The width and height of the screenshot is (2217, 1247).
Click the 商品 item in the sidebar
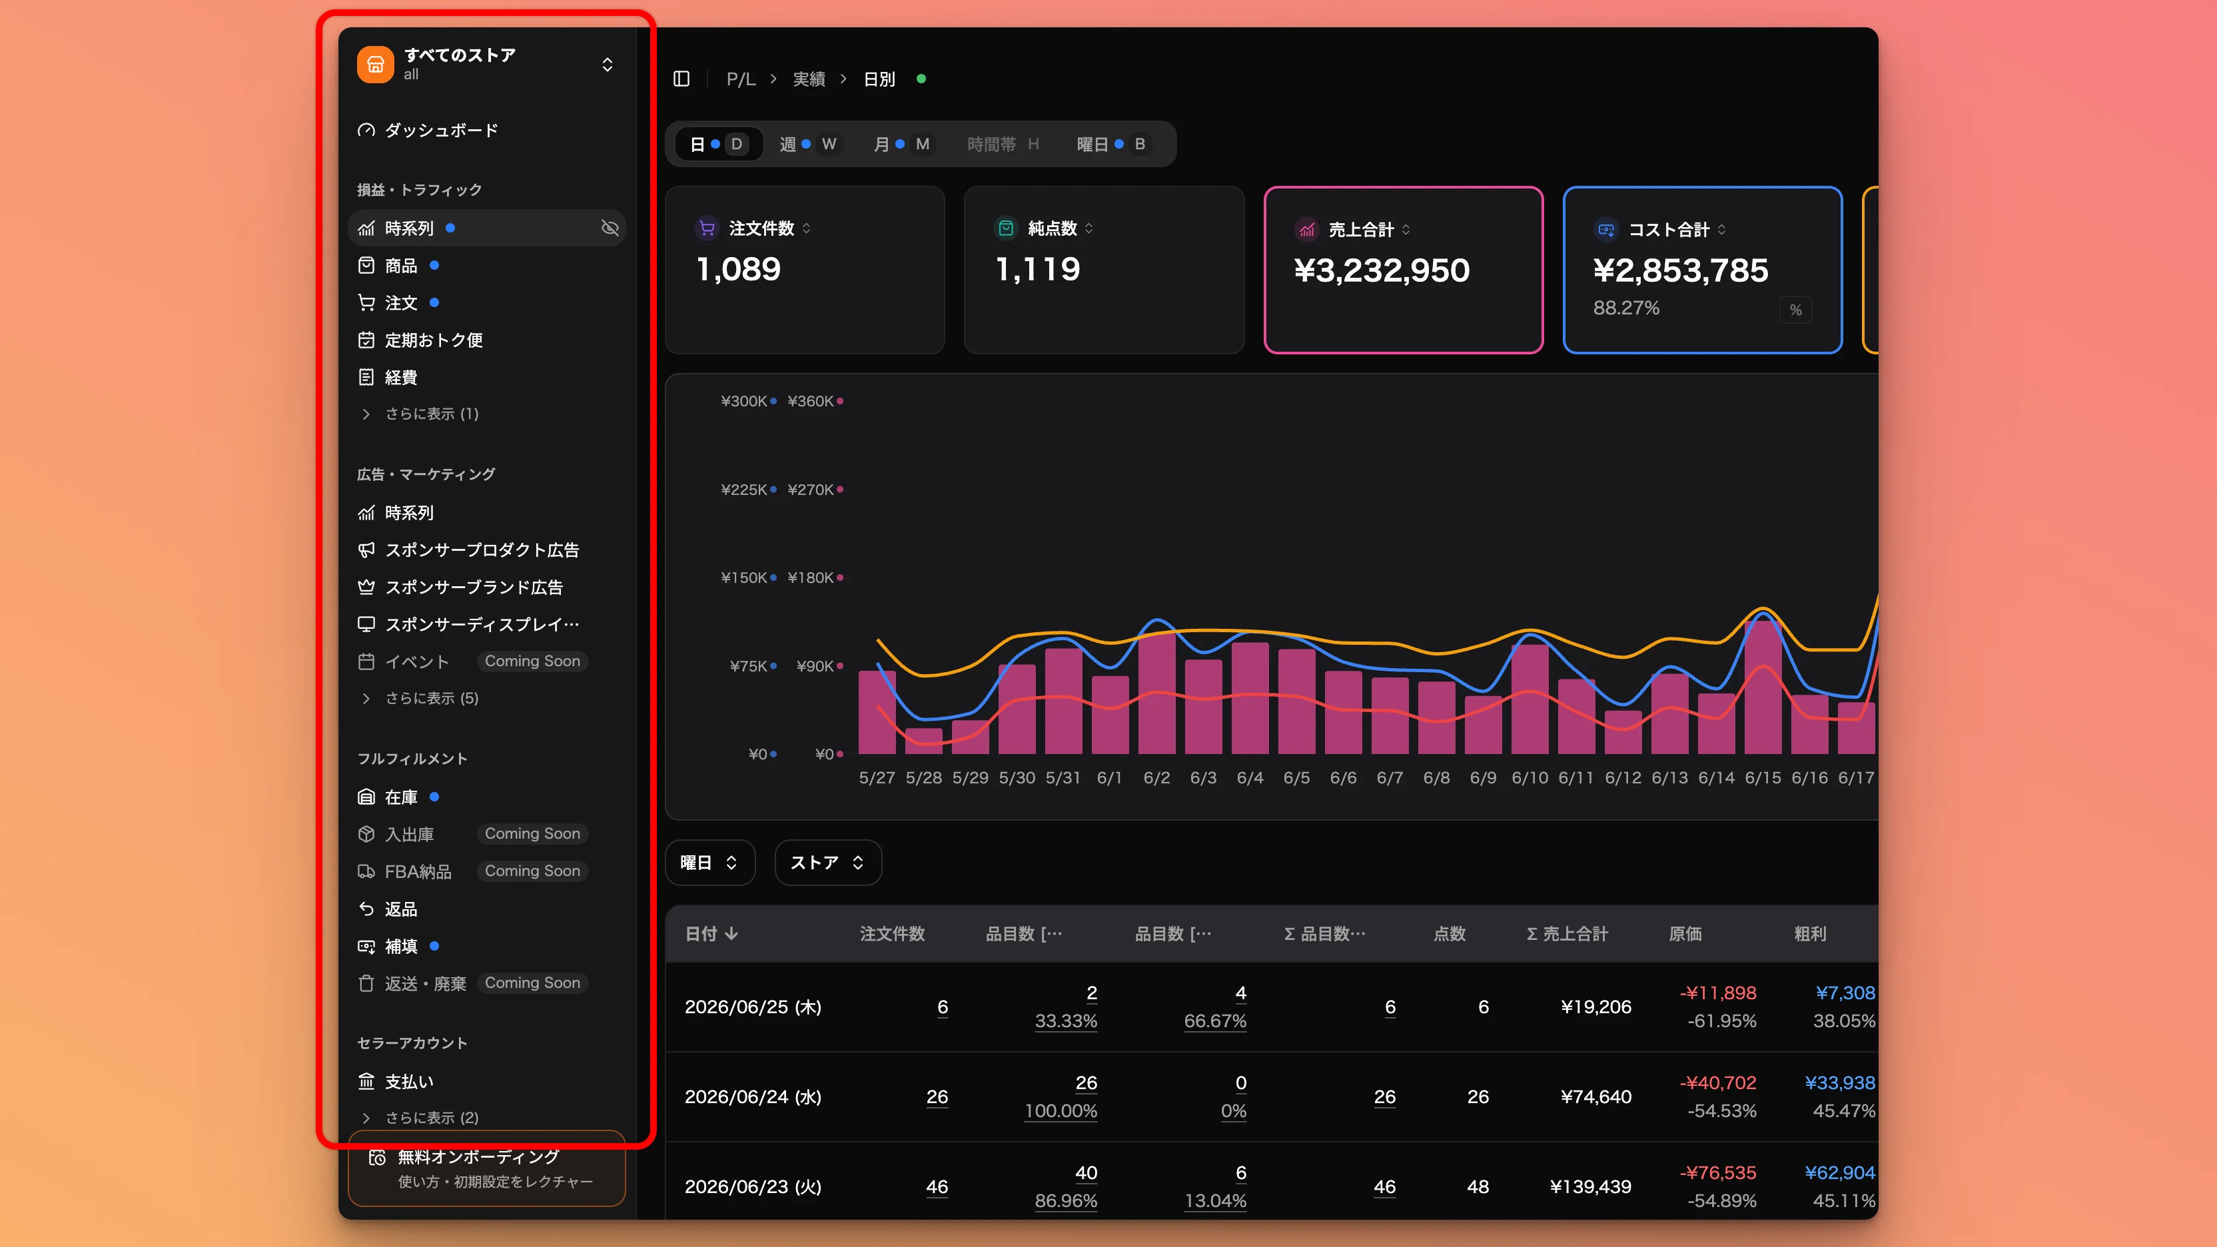400,265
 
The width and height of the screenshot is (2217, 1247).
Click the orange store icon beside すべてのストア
375,65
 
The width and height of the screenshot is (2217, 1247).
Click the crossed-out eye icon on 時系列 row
610,228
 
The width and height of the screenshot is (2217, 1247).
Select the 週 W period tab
807,144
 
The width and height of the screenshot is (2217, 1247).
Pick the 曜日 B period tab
1111,144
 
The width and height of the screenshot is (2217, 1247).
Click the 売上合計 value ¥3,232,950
1382,270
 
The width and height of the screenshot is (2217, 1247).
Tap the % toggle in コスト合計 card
1795,310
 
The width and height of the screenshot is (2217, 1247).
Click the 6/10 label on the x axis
1530,777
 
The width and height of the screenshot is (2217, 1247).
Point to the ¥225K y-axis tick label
743,489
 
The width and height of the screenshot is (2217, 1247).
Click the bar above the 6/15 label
1763,687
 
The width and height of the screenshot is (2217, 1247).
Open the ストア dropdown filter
828,863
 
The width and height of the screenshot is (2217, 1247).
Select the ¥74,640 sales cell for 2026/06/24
1595,1096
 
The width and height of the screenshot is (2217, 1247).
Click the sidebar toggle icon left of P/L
681,79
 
